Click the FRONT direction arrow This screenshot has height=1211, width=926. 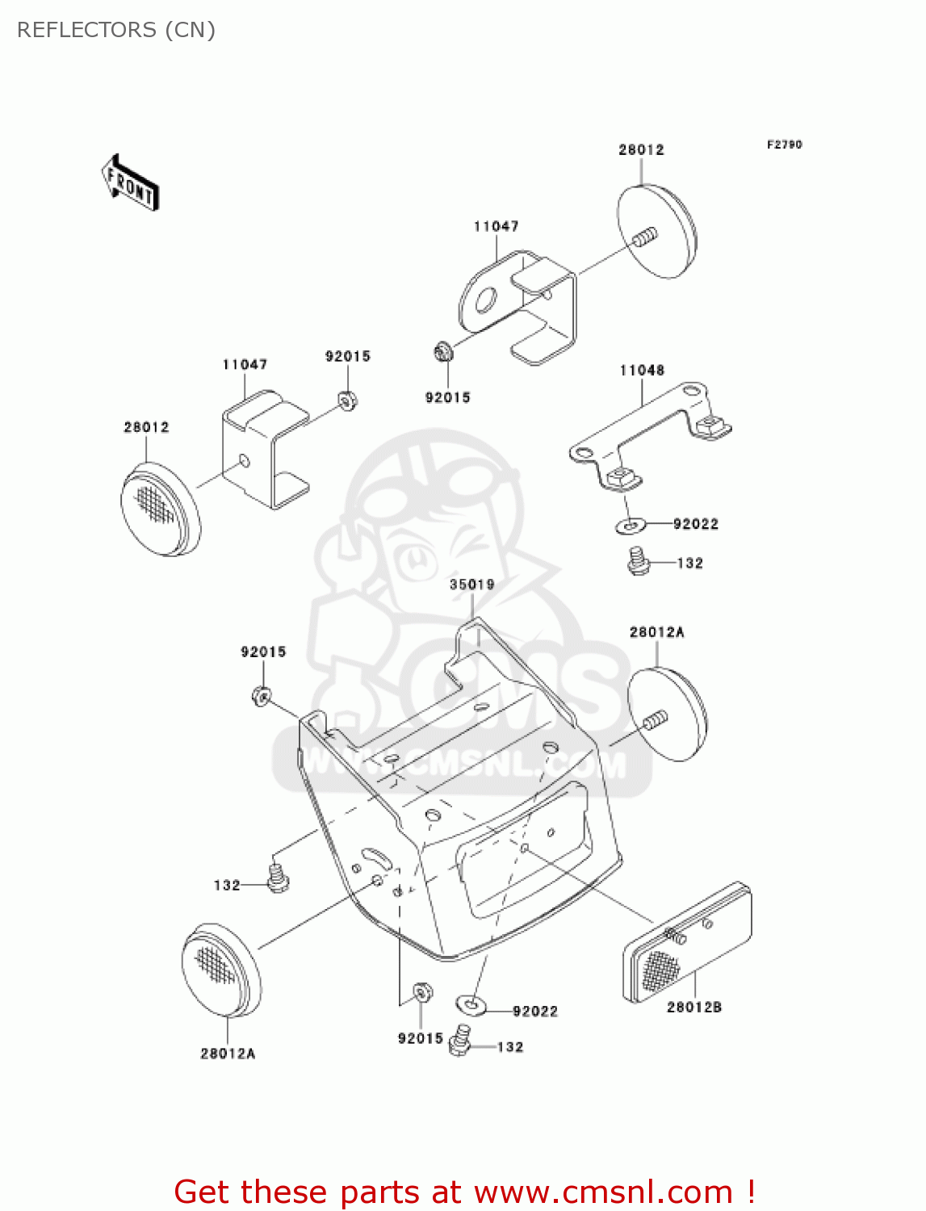coord(130,182)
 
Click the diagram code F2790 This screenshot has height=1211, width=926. coord(784,145)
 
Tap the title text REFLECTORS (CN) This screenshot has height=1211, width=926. coord(116,30)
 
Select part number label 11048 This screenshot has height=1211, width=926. coord(642,371)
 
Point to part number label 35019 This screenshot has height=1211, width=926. coord(471,585)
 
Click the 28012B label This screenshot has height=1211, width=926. coord(693,1007)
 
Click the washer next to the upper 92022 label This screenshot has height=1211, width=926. coord(631,526)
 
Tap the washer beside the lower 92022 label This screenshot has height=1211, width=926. coord(471,1004)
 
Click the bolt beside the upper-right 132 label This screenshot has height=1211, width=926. coord(639,560)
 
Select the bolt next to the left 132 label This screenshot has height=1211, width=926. coord(277,878)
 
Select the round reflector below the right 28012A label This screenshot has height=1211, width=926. coord(667,714)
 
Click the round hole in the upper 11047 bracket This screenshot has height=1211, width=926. coord(485,302)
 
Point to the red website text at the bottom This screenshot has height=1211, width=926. coord(464,1192)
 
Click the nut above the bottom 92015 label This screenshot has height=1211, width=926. coord(421,991)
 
